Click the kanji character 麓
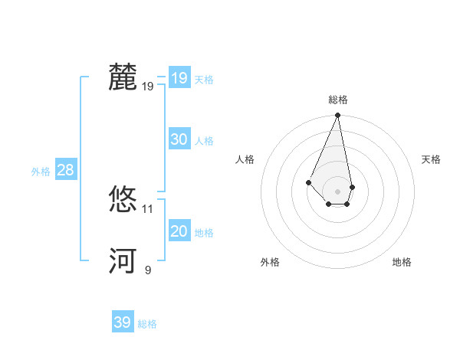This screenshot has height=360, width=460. tap(123, 77)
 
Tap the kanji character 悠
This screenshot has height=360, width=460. tap(123, 200)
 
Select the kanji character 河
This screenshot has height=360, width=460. tap(123, 261)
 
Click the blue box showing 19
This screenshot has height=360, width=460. tap(179, 78)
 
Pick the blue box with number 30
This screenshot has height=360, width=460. tap(179, 139)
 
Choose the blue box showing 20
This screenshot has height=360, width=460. tap(179, 231)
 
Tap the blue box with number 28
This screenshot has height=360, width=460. tap(65, 170)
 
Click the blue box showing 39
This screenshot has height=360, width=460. tap(122, 322)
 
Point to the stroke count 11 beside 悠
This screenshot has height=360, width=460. tap(148, 208)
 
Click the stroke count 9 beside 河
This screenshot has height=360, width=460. tap(148, 270)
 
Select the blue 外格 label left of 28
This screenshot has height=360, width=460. tap(41, 172)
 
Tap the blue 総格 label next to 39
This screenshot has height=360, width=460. tap(147, 324)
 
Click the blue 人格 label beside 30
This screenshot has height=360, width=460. tap(204, 141)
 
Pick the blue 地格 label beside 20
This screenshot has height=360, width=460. tap(204, 233)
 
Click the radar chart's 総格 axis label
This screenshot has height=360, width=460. tap(337, 100)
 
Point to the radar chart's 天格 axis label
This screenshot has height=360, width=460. tap(431, 159)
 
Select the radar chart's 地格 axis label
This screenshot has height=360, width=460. tap(402, 262)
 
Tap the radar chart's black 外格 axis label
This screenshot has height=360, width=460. tap(270, 262)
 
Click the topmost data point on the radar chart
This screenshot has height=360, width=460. tap(337, 116)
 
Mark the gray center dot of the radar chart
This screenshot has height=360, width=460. tap(337, 191)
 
